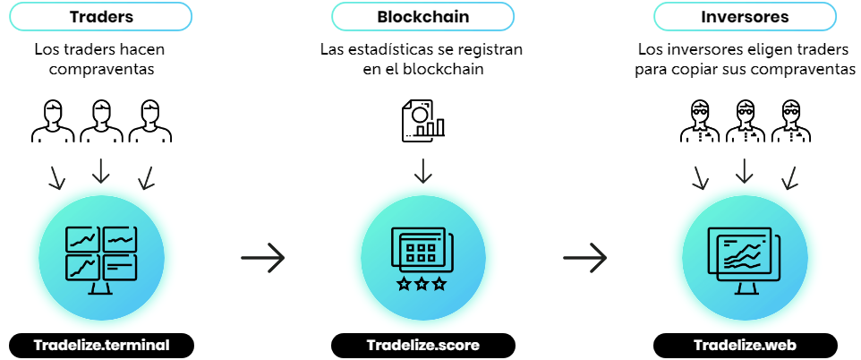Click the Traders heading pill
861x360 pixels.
pyautogui.click(x=101, y=16)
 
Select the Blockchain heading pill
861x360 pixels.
pyautogui.click(x=423, y=16)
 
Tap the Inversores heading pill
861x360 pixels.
pyautogui.click(x=745, y=16)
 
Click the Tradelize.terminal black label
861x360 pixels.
pyautogui.click(x=101, y=345)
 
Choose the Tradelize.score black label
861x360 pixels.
pyautogui.click(x=423, y=345)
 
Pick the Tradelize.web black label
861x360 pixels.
pyautogui.click(x=745, y=345)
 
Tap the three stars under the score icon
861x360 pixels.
pyautogui.click(x=423, y=284)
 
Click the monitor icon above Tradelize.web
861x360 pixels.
pyautogui.click(x=745, y=258)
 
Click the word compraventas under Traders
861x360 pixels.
pyautogui.click(x=100, y=68)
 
